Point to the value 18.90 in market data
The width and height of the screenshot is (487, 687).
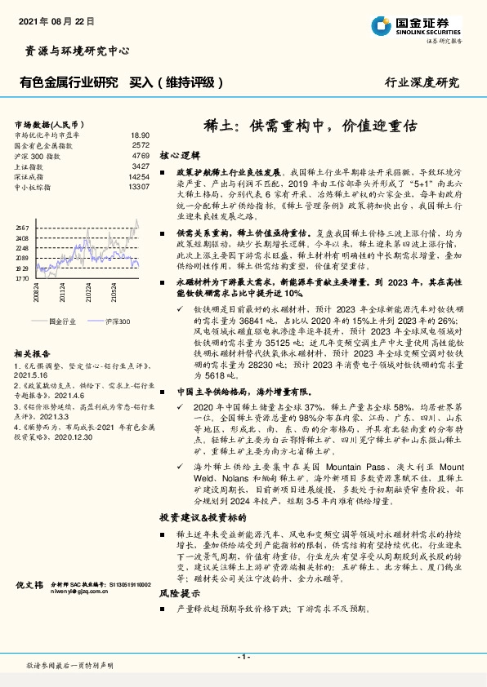pyautogui.click(x=140, y=135)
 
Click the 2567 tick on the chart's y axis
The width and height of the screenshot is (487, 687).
pyautogui.click(x=22, y=228)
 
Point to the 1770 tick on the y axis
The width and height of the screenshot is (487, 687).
pyautogui.click(x=22, y=278)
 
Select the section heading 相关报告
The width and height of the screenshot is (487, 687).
pyautogui.click(x=33, y=354)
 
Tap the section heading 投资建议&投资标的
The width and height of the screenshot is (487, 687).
pyautogui.click(x=200, y=517)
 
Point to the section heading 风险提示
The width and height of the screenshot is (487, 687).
pyautogui.click(x=180, y=594)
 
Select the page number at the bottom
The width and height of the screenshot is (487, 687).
pyautogui.click(x=243, y=657)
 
